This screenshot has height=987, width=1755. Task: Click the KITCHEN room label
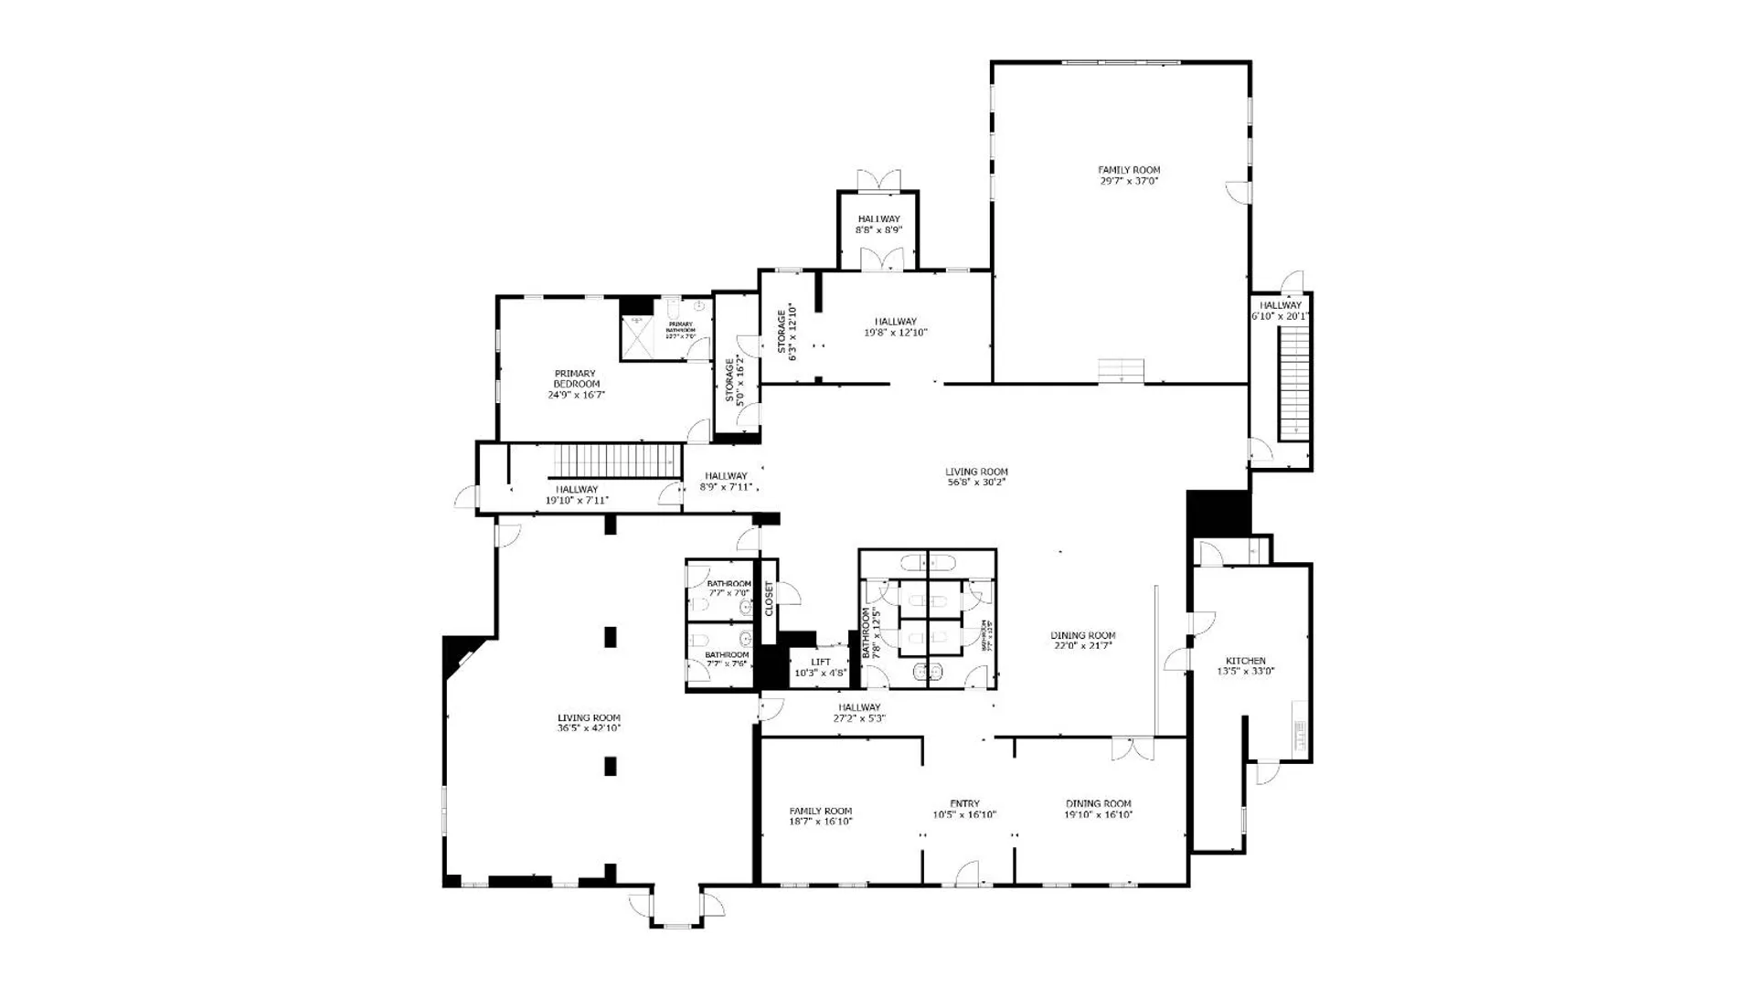pos(1245,661)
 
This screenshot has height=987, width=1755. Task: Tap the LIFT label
pos(821,662)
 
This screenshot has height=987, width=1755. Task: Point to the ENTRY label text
pos(964,803)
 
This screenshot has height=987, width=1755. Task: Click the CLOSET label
pos(769,599)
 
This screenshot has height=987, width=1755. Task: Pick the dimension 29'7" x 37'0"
pos(1129,181)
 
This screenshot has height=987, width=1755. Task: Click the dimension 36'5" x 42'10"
pos(590,728)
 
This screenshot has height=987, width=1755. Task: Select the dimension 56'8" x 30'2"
pos(976,483)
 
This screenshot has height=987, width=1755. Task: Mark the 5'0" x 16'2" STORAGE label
pos(736,380)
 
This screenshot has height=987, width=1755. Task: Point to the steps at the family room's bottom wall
pos(1122,371)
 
